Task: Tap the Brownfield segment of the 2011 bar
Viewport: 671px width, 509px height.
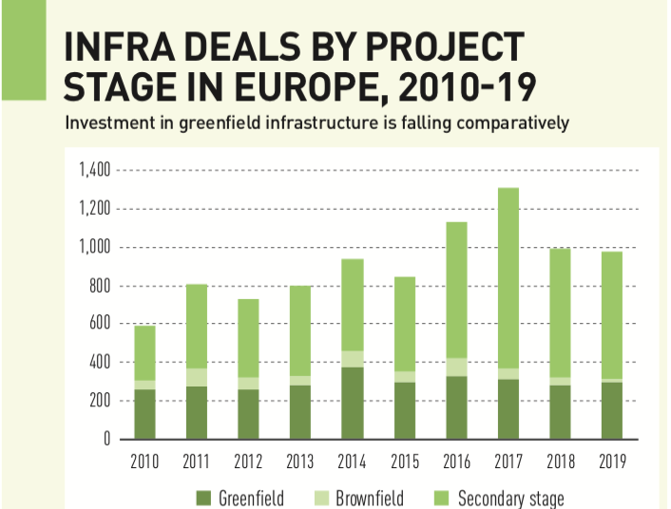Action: coord(197,377)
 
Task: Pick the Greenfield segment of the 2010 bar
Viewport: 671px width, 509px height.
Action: coord(144,414)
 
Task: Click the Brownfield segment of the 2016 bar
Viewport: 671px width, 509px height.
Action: coord(457,368)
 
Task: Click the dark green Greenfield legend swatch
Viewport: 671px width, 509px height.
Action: coord(202,498)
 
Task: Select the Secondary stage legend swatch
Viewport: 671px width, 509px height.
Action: coord(442,498)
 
